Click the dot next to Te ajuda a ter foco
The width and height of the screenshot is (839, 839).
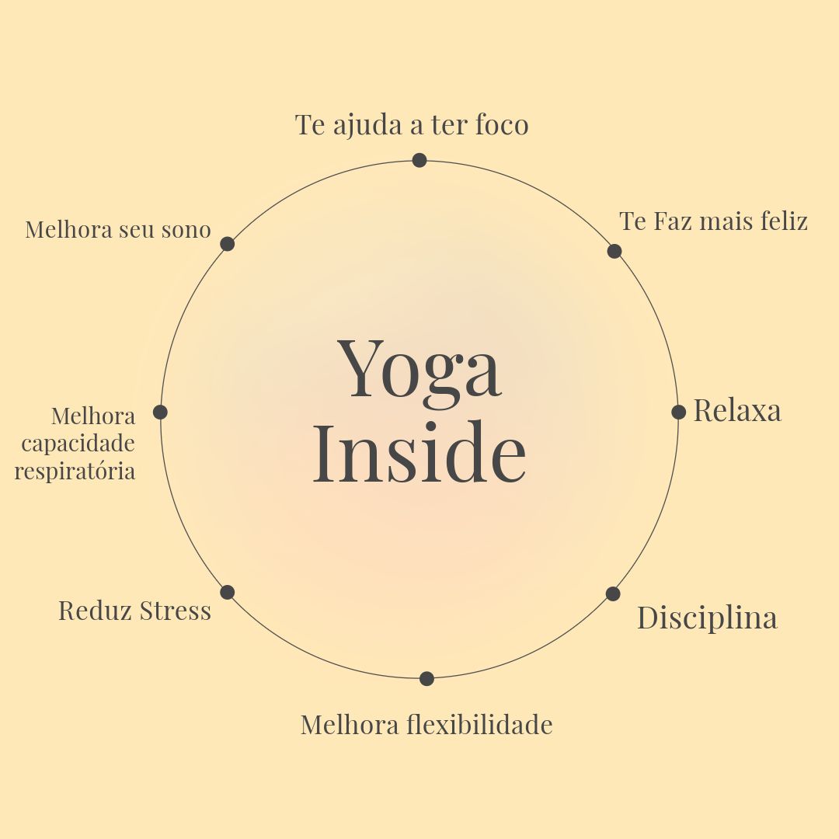click(419, 160)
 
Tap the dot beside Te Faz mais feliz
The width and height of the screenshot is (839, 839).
click(614, 251)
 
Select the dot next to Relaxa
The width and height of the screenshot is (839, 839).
click(678, 412)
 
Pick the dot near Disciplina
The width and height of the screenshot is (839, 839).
click(613, 594)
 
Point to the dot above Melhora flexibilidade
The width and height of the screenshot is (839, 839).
click(426, 678)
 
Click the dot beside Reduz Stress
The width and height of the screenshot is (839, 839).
click(227, 592)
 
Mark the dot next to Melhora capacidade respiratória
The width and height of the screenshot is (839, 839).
click(160, 412)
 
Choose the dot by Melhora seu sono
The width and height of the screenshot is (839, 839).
click(227, 244)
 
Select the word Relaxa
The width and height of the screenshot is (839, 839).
click(736, 411)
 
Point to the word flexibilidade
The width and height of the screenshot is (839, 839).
click(479, 725)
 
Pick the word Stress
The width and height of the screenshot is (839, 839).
click(176, 611)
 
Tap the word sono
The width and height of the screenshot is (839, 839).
click(188, 230)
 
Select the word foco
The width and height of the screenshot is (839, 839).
click(501, 125)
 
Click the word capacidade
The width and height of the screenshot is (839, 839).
click(78, 444)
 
